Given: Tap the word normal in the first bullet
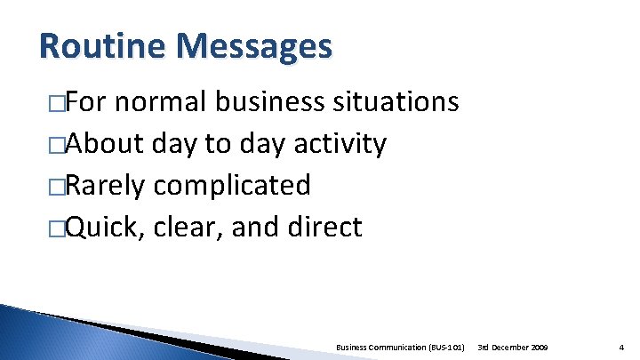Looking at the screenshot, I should [x=164, y=103].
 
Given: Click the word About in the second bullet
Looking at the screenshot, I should [x=100, y=144].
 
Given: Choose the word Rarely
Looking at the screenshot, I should [x=107, y=185].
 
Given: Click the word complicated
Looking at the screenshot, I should [x=233, y=187].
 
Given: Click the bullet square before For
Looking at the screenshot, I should [x=58, y=105].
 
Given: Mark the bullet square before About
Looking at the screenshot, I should [x=58, y=146].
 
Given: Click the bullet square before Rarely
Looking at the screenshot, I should [x=58, y=187].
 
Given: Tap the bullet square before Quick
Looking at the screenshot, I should [x=58, y=228].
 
